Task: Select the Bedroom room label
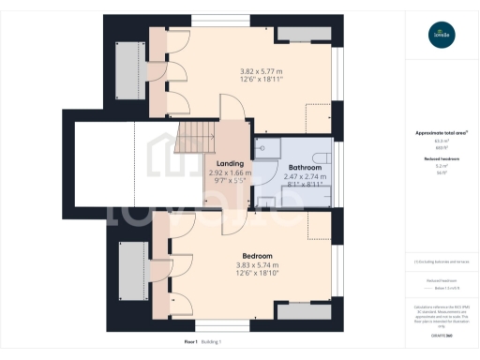tap(257, 256)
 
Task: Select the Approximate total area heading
tap(442, 133)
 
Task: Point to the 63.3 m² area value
tap(442, 142)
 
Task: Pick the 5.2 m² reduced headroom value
tap(442, 166)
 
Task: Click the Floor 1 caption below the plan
tap(167, 342)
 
